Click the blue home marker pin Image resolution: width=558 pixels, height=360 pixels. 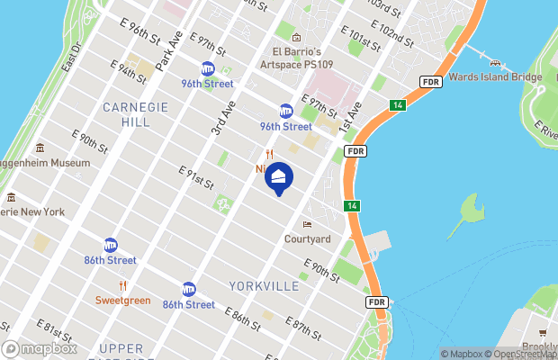[278, 179]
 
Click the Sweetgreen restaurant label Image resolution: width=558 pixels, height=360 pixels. [123, 299]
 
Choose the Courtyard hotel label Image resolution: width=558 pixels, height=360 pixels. [307, 239]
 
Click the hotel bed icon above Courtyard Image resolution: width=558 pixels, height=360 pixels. [308, 224]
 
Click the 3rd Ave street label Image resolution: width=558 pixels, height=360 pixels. [224, 119]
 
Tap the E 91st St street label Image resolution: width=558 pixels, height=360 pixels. [196, 177]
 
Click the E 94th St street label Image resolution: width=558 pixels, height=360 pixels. [127, 72]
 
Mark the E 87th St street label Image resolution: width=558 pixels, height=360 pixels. [303, 330]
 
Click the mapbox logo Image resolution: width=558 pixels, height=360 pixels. [39, 348]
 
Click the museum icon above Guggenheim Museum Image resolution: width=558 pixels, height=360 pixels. [40, 148]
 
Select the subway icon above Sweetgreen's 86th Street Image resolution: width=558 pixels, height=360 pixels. [111, 245]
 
